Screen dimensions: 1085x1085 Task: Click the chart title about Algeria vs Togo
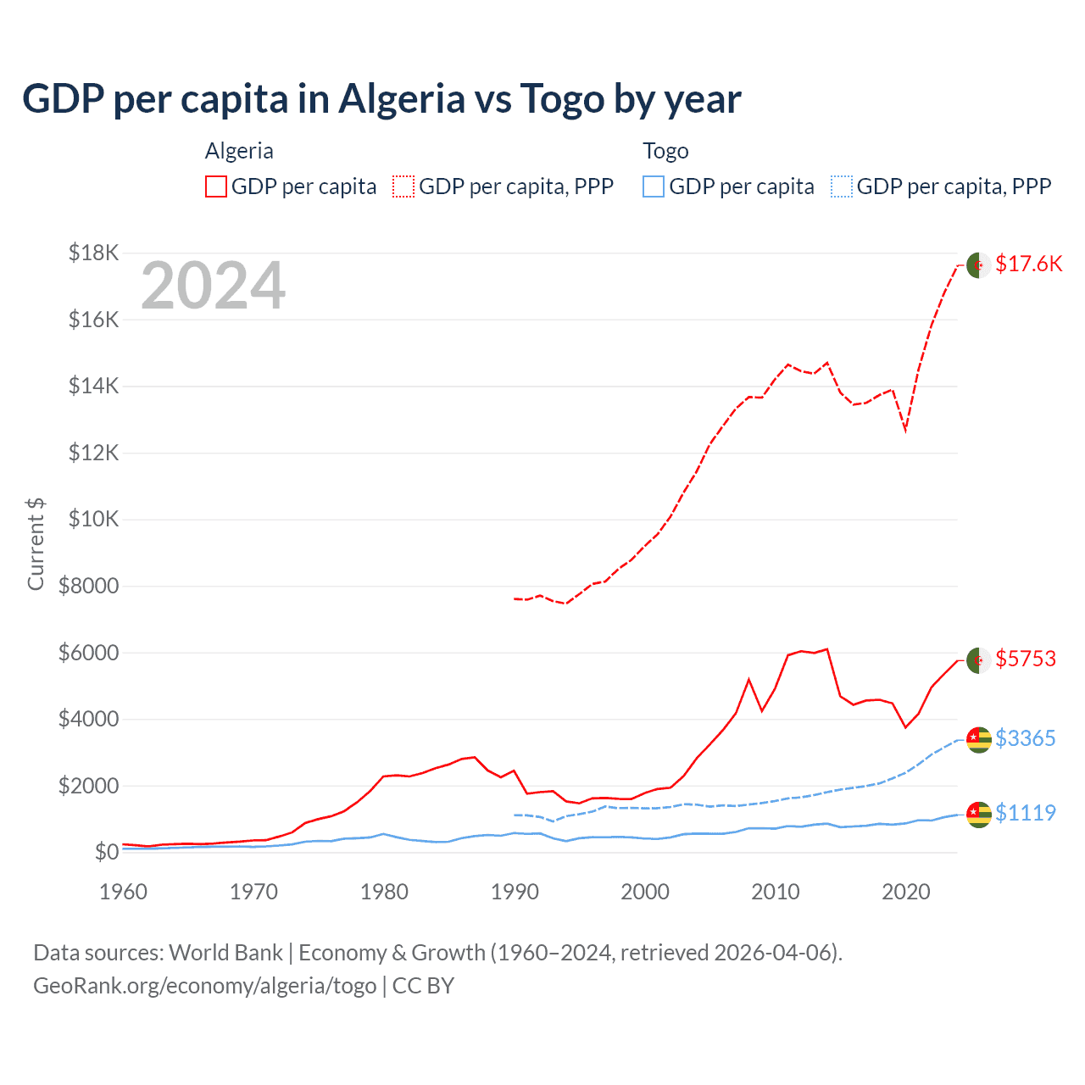tap(381, 99)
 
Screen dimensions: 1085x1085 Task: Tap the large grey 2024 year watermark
tap(213, 287)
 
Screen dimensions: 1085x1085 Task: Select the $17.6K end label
tap(1028, 264)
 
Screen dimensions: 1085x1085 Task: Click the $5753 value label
tap(1026, 659)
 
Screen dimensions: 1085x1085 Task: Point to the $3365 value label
tap(1026, 738)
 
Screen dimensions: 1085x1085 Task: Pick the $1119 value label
tap(1026, 813)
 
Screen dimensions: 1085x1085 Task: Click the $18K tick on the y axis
tap(93, 253)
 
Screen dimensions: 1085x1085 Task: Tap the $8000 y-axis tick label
tap(88, 586)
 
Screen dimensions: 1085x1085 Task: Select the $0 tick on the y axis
tap(106, 852)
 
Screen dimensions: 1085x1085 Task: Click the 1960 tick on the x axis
tap(124, 892)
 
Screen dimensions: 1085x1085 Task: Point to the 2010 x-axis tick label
tap(776, 892)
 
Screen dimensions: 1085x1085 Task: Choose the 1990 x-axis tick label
tap(515, 892)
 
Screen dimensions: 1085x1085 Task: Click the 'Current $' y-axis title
tap(36, 543)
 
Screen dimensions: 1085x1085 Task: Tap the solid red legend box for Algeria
tap(216, 186)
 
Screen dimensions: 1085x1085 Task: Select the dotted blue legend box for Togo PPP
tap(842, 186)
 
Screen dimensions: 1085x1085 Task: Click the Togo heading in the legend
tap(665, 151)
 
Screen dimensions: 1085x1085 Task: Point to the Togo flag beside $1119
tap(979, 814)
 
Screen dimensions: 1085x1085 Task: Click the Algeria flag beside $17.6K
tap(979, 264)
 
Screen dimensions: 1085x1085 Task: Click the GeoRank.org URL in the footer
tap(204, 986)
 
